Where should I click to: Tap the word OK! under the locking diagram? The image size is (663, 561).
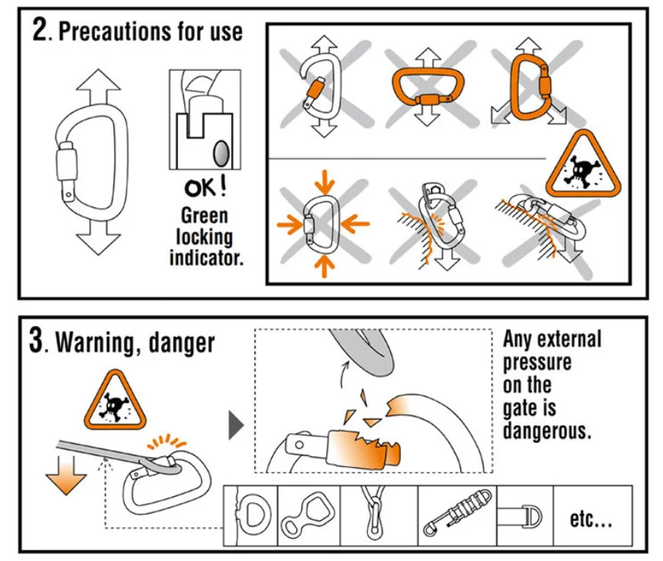(205, 187)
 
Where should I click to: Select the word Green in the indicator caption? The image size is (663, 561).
(204, 216)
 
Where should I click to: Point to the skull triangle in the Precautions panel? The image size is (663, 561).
(583, 166)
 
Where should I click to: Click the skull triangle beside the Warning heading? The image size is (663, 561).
(115, 401)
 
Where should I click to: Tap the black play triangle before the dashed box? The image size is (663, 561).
(236, 425)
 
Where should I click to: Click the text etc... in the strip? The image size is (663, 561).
(591, 519)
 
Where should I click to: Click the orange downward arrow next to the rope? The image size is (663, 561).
(66, 474)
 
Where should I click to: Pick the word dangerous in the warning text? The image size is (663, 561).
(547, 431)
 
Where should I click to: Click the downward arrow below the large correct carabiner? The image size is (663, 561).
(98, 238)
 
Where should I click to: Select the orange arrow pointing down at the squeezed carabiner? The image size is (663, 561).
(325, 181)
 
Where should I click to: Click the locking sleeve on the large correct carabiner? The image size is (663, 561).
(66, 163)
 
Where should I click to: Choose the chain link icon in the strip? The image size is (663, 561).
(374, 512)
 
